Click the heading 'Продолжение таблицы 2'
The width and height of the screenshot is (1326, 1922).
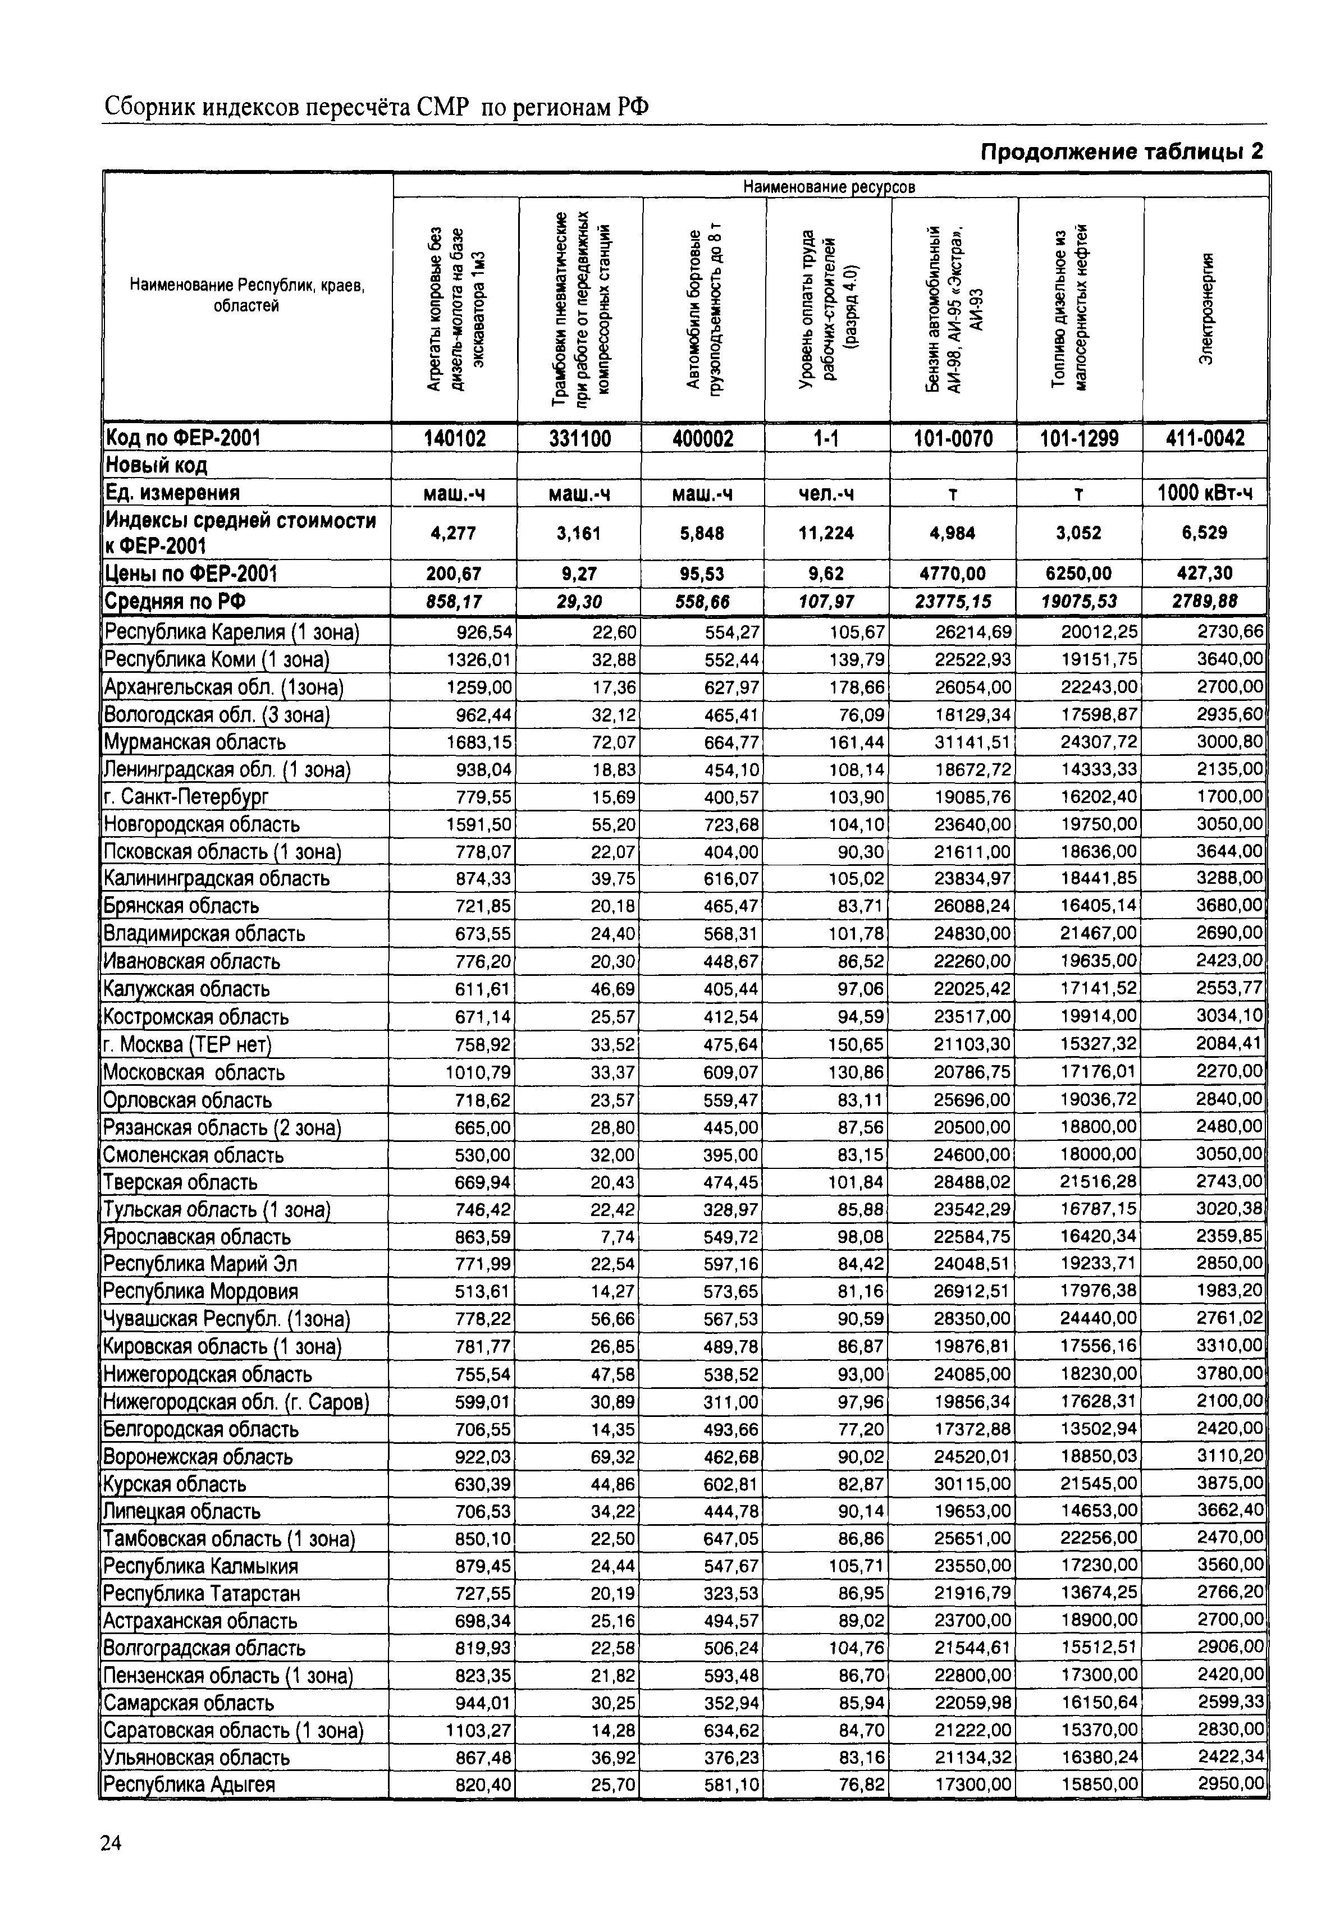tap(1122, 152)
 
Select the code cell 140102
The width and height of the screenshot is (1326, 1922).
tap(455, 438)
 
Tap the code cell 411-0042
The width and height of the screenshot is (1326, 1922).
tap(1205, 438)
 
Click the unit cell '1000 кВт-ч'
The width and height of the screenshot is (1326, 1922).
tap(1205, 493)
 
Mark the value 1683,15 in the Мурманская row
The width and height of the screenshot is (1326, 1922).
tap(479, 742)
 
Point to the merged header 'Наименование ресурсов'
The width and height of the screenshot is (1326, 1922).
tap(829, 187)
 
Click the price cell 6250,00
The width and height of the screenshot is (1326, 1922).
tap(1078, 573)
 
